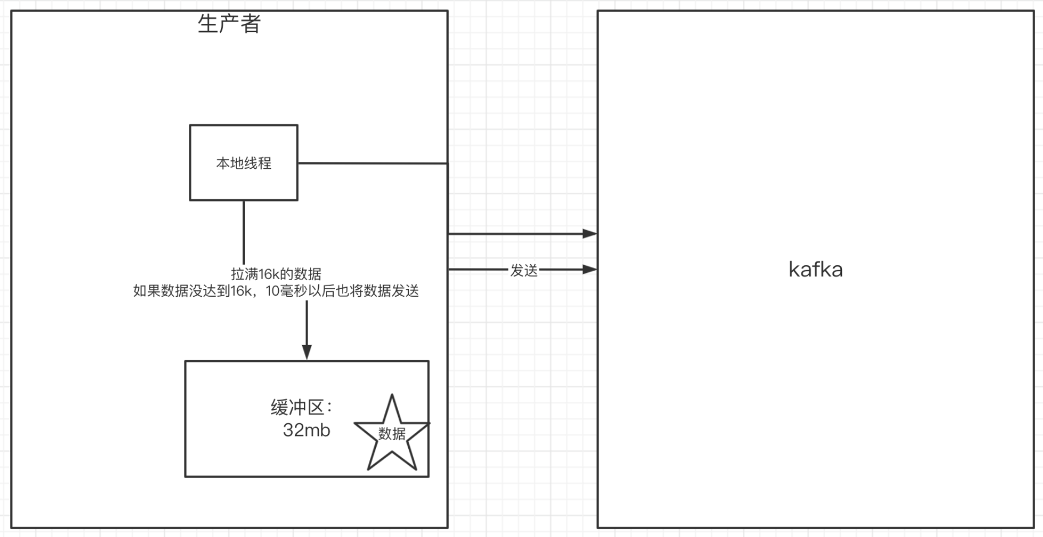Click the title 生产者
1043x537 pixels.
coord(229,24)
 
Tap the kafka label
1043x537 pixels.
coord(815,270)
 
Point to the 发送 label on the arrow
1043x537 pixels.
coord(524,271)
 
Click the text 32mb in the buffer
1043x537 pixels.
coord(307,430)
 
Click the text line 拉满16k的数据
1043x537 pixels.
coord(276,274)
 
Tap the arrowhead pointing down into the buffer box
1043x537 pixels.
coord(307,352)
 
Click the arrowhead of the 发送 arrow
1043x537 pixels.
coord(589,270)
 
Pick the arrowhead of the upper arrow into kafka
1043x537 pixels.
coord(589,234)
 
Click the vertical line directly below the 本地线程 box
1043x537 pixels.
coord(244,232)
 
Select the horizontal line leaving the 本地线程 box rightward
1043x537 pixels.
coord(373,163)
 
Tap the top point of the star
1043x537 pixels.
coord(392,394)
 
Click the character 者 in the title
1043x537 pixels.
coord(250,24)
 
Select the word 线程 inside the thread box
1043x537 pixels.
coord(258,163)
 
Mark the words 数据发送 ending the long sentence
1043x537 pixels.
coord(392,291)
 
